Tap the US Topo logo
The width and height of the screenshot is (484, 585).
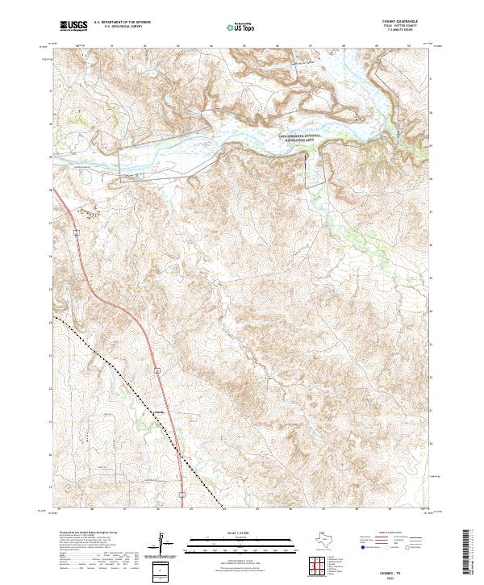[x=234, y=27]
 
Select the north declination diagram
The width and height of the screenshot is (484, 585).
[x=165, y=544]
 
